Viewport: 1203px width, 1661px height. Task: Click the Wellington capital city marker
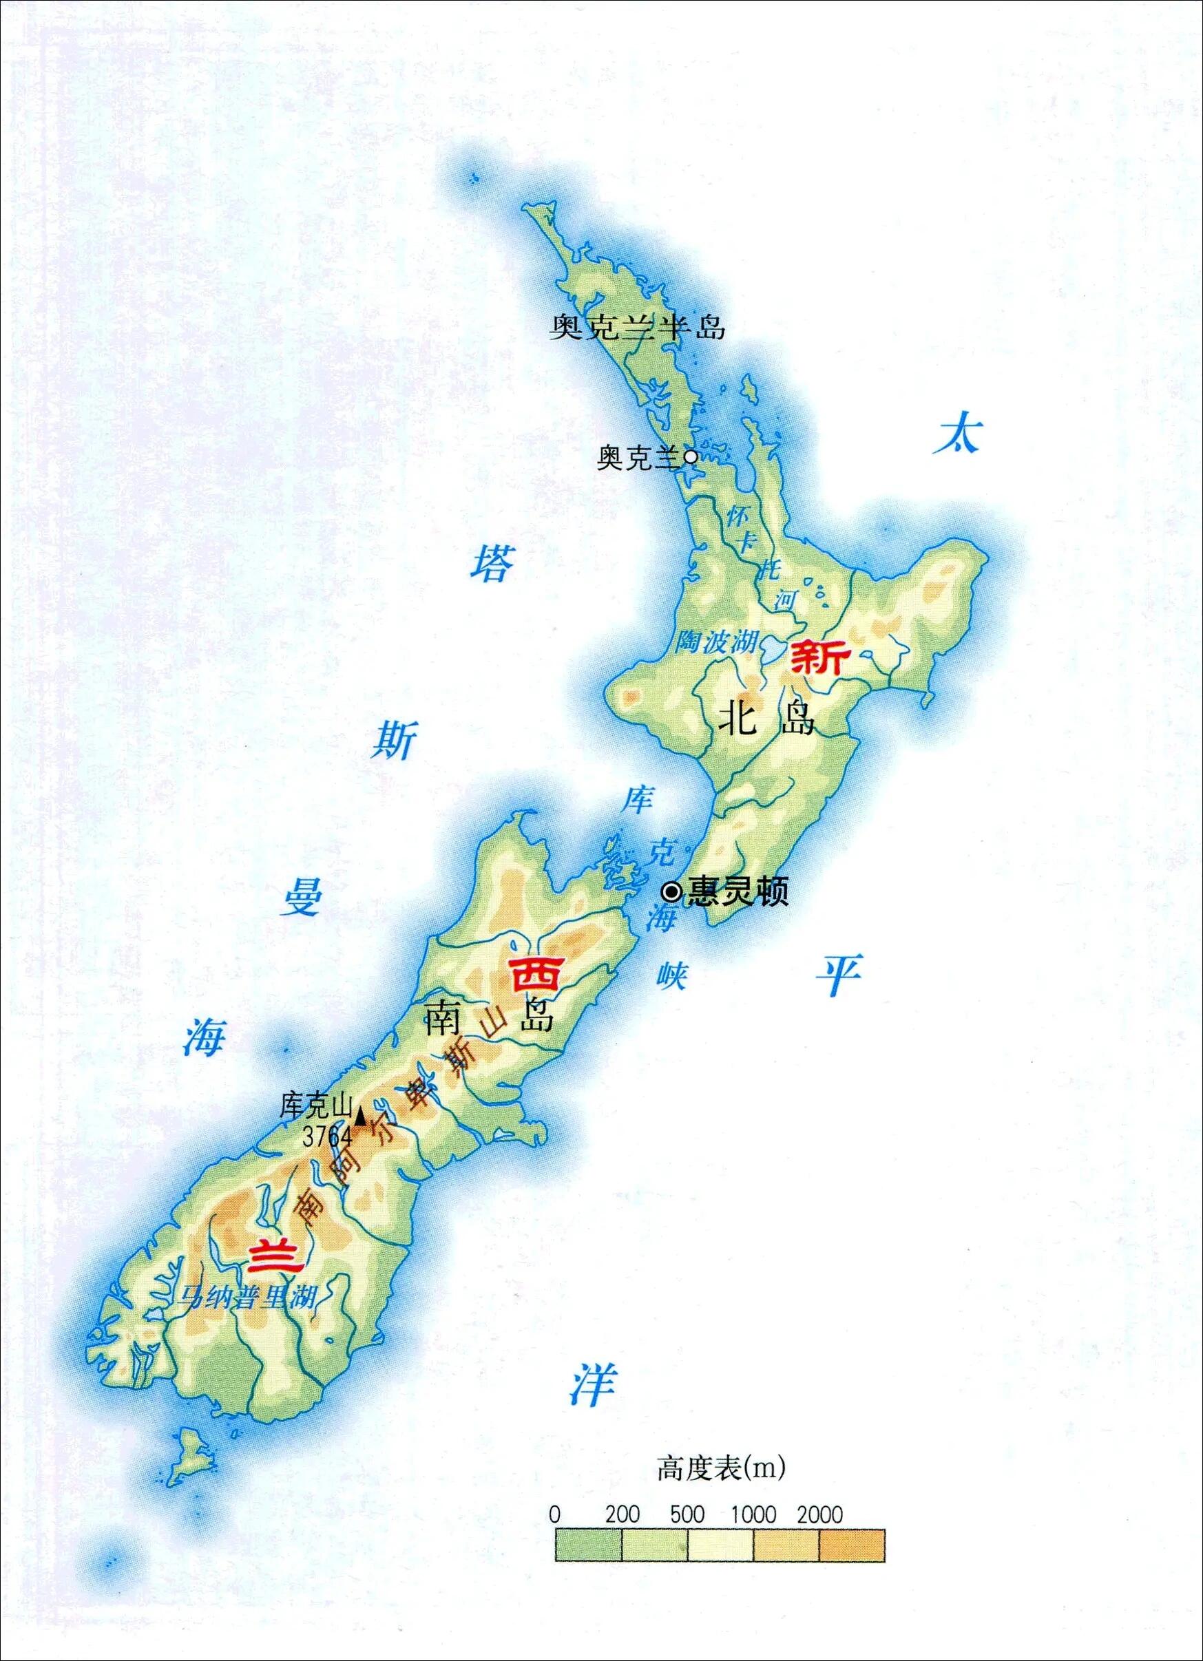[x=671, y=892]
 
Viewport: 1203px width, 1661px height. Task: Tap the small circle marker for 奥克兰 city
[x=690, y=458]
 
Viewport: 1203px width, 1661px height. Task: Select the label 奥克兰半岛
[x=638, y=328]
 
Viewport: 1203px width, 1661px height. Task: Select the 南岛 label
[x=488, y=1017]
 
